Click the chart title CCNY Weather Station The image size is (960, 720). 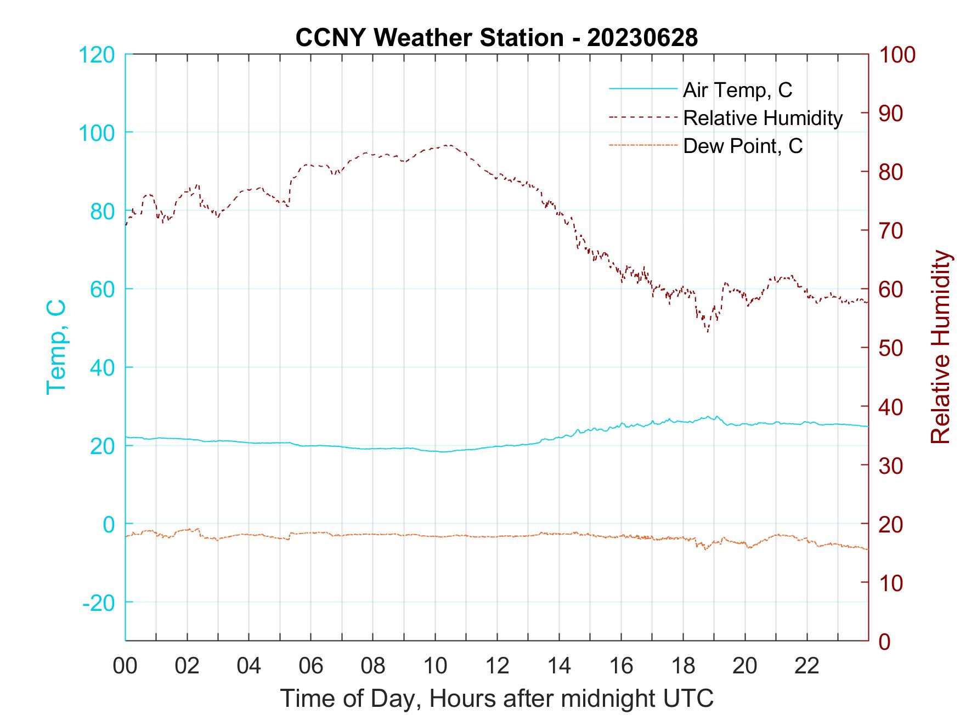496,37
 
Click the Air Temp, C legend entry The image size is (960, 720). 737,90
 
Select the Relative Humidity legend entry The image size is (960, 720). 763,118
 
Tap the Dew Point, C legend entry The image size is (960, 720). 743,146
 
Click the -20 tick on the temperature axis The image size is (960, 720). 99,603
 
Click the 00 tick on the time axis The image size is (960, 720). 125,666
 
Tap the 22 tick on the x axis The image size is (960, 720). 807,666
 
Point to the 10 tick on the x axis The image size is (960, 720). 435,666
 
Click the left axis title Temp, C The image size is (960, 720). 56,347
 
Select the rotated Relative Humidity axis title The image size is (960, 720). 940,347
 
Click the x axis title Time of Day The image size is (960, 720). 496,699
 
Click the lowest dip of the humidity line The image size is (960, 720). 708,332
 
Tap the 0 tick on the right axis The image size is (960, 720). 884,640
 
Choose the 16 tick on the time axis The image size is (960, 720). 621,666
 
